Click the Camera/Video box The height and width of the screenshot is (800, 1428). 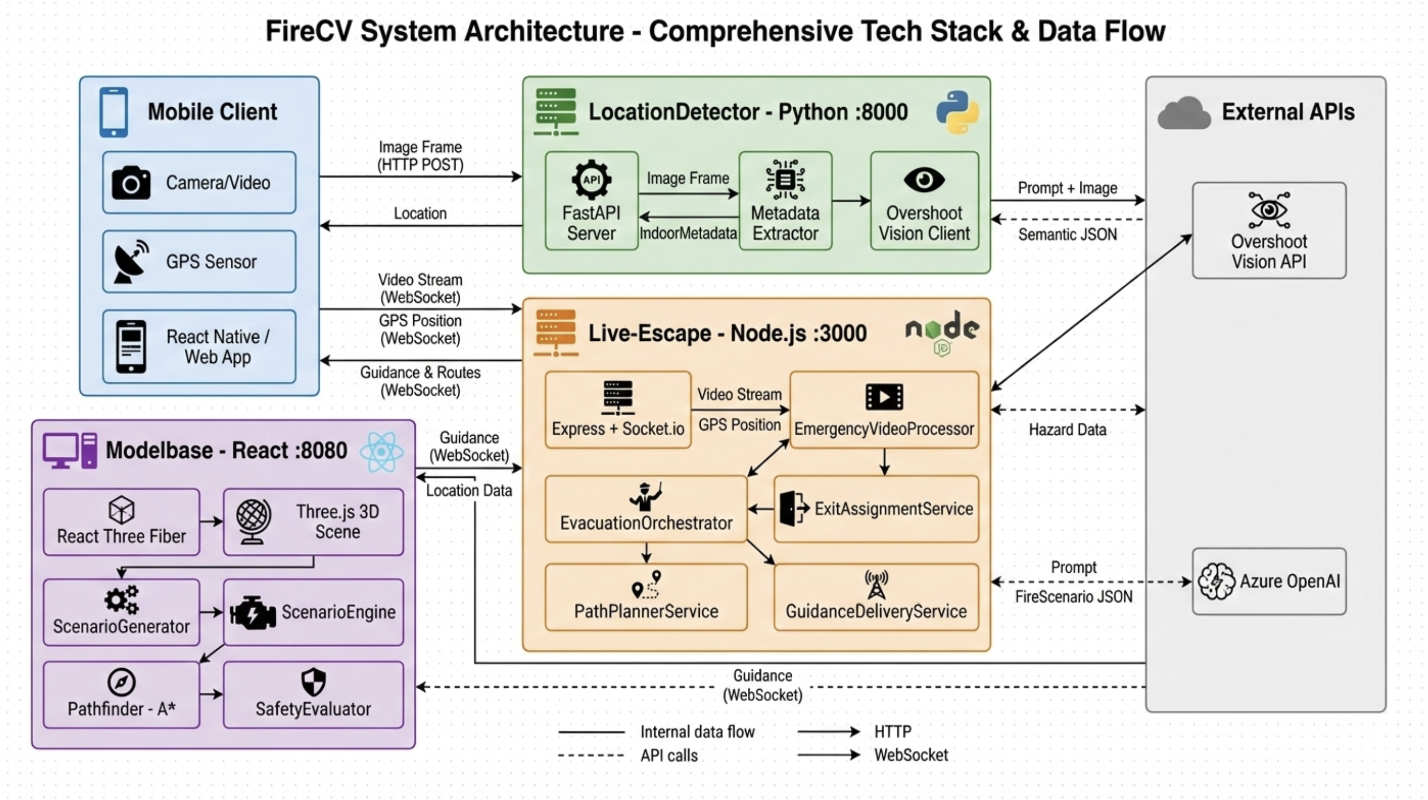click(x=199, y=183)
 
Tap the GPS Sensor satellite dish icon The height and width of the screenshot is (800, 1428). click(x=132, y=261)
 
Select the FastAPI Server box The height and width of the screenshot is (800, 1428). click(x=591, y=201)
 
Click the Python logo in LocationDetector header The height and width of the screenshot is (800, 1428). click(x=958, y=112)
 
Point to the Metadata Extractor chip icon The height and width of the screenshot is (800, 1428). click(x=785, y=180)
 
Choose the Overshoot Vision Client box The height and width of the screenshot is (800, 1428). click(x=924, y=201)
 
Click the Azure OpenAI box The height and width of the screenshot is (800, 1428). click(x=1269, y=581)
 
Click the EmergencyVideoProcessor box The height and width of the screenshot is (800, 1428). click(x=884, y=410)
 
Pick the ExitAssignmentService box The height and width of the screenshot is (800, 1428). click(x=876, y=509)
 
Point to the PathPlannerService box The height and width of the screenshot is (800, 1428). click(x=646, y=597)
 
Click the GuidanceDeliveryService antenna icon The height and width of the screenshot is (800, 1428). click(x=876, y=585)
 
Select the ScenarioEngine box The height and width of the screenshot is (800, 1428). click(x=313, y=612)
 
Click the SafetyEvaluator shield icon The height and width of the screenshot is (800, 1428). click(x=313, y=682)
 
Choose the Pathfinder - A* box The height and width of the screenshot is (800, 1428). click(x=121, y=695)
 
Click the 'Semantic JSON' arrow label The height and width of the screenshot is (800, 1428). click(x=1067, y=235)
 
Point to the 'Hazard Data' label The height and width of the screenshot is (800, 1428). click(x=1067, y=430)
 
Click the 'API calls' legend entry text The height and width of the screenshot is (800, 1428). click(x=669, y=755)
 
